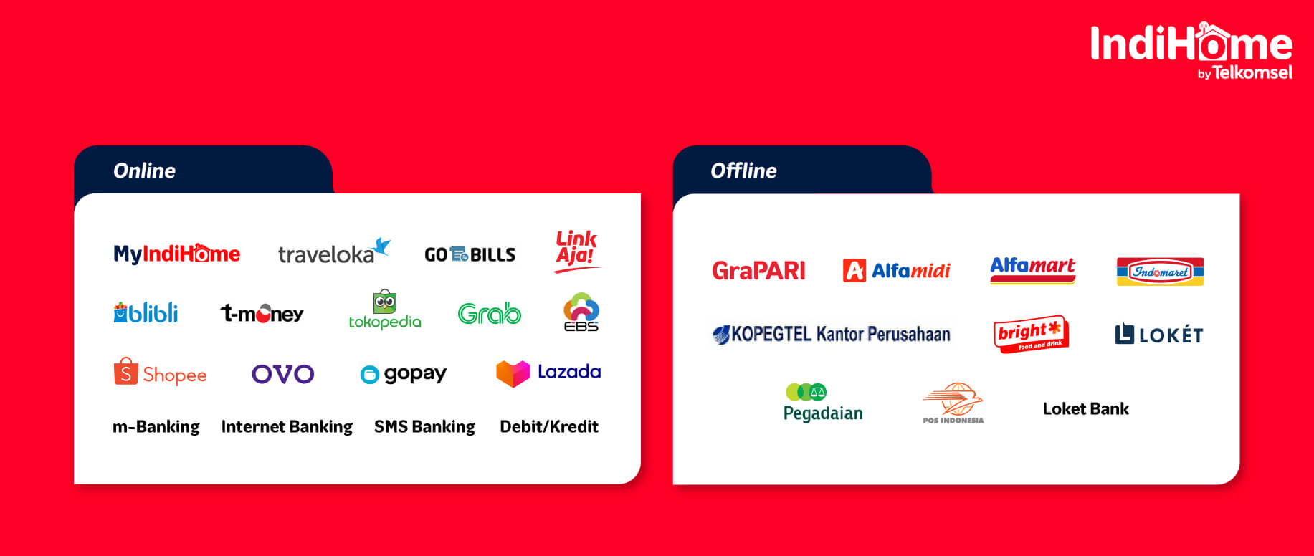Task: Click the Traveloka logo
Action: (x=334, y=251)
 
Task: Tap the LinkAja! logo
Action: (x=577, y=251)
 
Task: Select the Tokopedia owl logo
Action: (x=385, y=310)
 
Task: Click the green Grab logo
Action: (x=490, y=313)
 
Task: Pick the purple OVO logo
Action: (x=283, y=374)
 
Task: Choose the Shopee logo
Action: (x=160, y=372)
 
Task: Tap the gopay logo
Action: (x=404, y=374)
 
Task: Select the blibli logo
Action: (x=146, y=312)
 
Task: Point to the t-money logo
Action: (x=262, y=313)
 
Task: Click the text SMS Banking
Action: (x=424, y=426)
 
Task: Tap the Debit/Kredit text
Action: (x=549, y=426)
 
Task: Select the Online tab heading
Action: (x=144, y=171)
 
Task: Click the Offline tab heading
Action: (x=743, y=171)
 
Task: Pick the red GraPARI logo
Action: (x=758, y=270)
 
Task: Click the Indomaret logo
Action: (x=1160, y=272)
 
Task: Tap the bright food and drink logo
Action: (x=1032, y=333)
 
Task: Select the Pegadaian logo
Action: (x=823, y=403)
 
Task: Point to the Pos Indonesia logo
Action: (x=953, y=403)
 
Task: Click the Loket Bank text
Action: (x=1085, y=408)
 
